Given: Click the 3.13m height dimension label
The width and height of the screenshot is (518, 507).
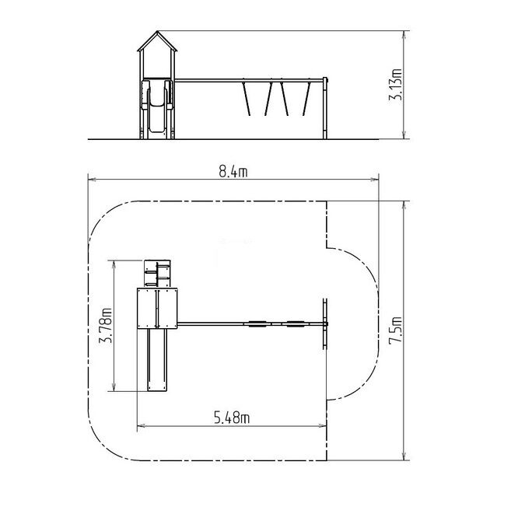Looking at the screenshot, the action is coord(395,84).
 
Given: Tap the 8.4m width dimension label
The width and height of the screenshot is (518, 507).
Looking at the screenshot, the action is coord(233,172).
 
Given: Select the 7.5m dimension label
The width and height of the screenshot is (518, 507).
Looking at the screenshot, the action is coord(395,330).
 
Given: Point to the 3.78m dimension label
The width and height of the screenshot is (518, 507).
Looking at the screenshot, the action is coord(105,325).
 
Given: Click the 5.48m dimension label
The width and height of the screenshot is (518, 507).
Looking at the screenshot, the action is coord(232,418).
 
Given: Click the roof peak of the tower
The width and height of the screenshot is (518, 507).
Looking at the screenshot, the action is coord(157,31).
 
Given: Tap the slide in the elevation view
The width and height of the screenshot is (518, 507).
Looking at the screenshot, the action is coord(157,107).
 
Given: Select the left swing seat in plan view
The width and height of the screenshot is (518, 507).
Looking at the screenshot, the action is coord(257,323).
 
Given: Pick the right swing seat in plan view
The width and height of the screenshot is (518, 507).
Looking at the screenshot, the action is coord(296,323).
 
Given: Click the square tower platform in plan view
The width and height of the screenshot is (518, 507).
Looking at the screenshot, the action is coord(157,309).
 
